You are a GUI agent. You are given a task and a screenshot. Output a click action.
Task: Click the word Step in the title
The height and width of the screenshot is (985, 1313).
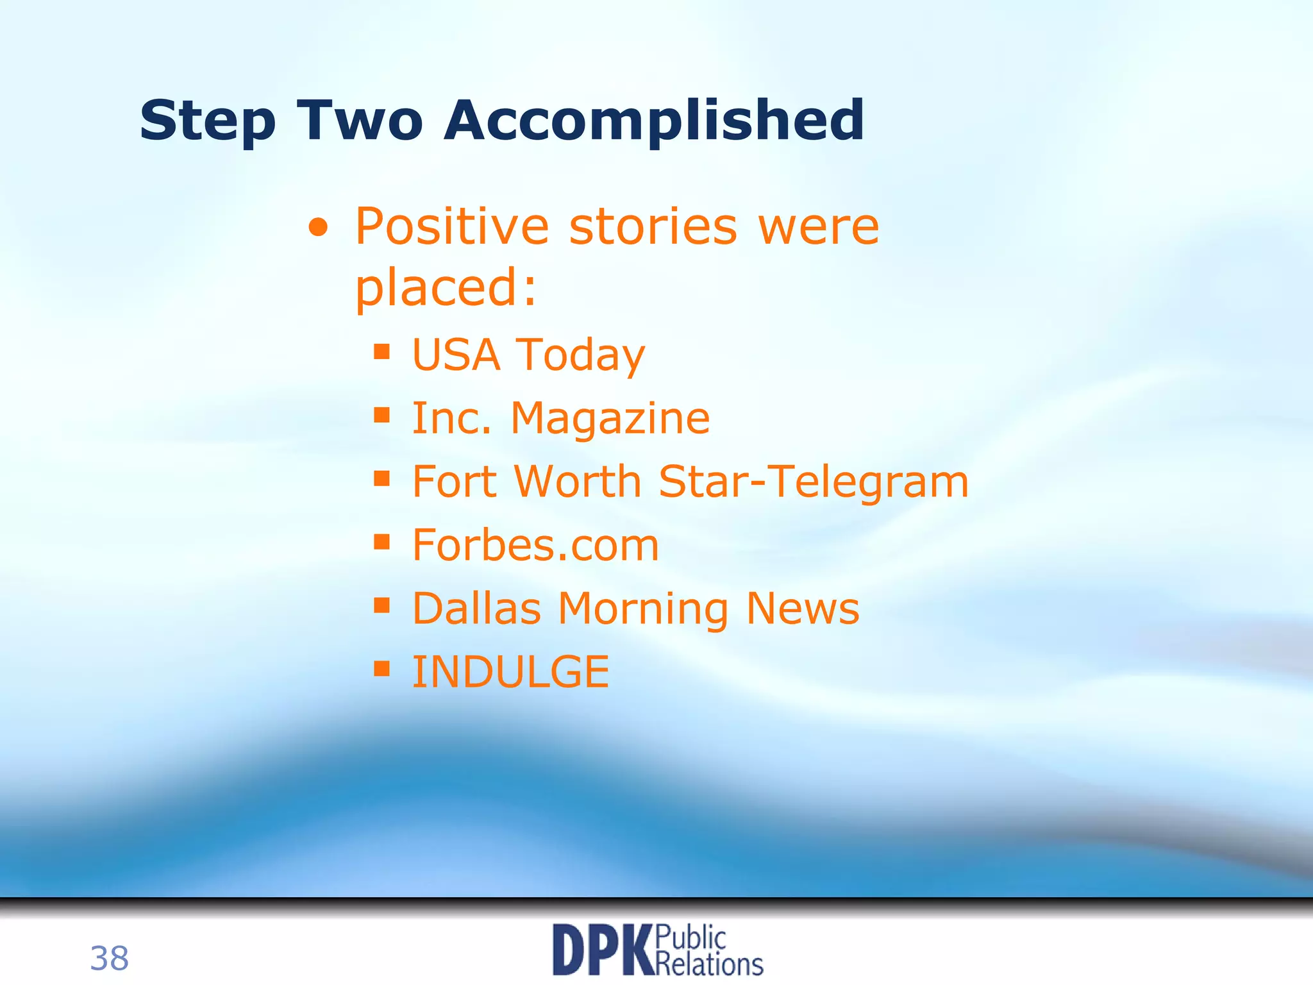[x=207, y=122]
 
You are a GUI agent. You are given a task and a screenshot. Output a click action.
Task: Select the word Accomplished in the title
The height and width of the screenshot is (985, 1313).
[x=654, y=121]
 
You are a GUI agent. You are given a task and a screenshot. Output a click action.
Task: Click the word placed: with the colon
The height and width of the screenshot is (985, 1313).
[x=446, y=288]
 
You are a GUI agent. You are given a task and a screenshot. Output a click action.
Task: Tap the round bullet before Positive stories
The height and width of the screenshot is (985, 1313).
[x=318, y=228]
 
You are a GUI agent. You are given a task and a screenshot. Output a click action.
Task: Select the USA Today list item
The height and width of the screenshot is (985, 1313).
[x=528, y=355]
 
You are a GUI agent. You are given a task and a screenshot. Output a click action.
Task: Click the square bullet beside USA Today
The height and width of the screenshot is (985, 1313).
[x=382, y=351]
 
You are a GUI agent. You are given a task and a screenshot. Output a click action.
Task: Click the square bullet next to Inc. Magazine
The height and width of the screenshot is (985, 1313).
[x=382, y=415]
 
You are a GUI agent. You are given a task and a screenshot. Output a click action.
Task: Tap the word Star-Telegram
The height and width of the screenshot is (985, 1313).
[x=813, y=482]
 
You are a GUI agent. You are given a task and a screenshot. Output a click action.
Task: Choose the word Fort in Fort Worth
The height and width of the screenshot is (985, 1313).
[x=455, y=482]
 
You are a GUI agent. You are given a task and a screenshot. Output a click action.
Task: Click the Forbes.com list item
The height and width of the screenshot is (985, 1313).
[x=535, y=545]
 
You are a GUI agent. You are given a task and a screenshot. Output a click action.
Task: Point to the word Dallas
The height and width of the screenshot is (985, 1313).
[x=476, y=608]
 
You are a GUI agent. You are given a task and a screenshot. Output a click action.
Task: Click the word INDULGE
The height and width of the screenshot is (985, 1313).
[x=510, y=672]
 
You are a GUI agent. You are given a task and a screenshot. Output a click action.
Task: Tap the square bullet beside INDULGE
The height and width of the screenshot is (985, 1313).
[x=382, y=669]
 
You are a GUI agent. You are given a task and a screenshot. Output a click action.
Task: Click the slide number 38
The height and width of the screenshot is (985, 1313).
[x=109, y=959]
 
